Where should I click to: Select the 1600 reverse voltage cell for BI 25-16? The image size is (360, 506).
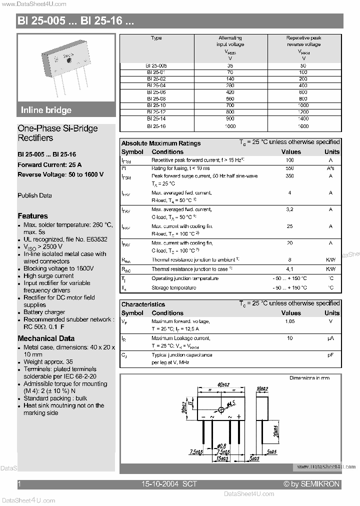point(303,126)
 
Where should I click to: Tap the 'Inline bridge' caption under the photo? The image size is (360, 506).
point(46,110)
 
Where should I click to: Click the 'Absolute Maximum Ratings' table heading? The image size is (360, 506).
point(161,143)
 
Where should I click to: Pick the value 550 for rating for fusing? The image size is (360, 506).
point(289,168)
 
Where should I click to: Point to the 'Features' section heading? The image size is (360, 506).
point(32,216)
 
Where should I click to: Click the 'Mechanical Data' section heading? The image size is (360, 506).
point(46,338)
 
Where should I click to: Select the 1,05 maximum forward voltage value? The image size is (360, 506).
point(289,321)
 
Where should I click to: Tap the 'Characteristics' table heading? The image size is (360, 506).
point(143,304)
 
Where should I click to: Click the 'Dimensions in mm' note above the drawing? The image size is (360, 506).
point(309,378)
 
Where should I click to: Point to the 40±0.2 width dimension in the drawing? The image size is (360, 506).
point(223,384)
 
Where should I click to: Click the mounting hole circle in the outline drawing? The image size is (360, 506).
point(221,410)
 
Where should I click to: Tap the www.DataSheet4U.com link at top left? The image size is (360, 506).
point(33,4)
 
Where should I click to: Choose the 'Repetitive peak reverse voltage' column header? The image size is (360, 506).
point(303,41)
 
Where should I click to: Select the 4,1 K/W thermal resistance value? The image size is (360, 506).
point(289,269)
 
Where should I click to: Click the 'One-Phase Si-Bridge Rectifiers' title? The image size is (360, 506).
point(57,133)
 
